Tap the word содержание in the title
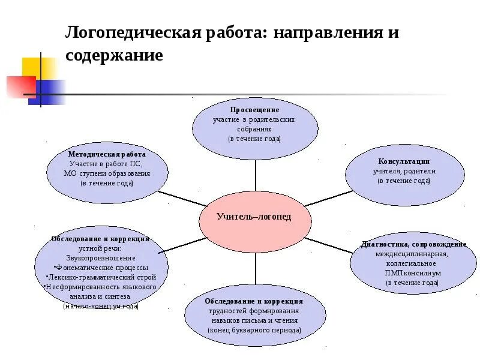tap(114, 55)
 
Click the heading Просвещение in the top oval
tap(254, 110)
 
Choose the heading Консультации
tap(404, 161)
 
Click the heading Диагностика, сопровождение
tap(413, 244)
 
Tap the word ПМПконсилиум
tap(413, 272)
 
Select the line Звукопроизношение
tap(100, 257)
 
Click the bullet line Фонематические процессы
tap(101, 267)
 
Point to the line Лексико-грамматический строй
tap(101, 277)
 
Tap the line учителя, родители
tap(404, 171)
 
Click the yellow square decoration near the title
tap(40, 67)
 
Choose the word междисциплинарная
tap(413, 253)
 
